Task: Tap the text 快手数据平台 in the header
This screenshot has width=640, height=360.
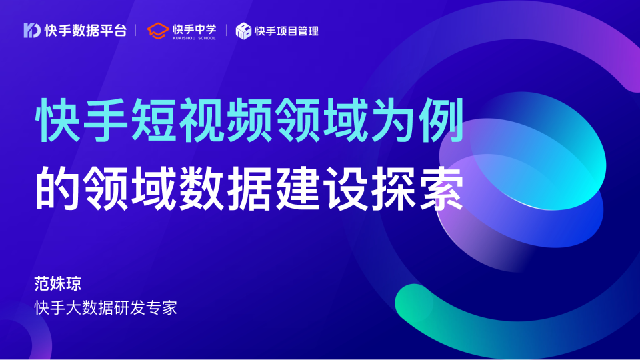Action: pyautogui.click(x=85, y=31)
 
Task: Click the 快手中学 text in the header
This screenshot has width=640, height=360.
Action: pyautogui.click(x=194, y=28)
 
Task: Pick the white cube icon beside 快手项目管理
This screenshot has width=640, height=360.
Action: pyautogui.click(x=243, y=31)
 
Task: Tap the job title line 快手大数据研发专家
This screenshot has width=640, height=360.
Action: pyautogui.click(x=106, y=308)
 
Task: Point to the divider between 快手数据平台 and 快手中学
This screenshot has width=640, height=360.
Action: pyautogui.click(x=136, y=31)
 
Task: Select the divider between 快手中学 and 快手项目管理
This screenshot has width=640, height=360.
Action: pyautogui.click(x=227, y=31)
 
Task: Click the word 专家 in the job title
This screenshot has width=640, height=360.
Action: pyautogui.click(x=163, y=308)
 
